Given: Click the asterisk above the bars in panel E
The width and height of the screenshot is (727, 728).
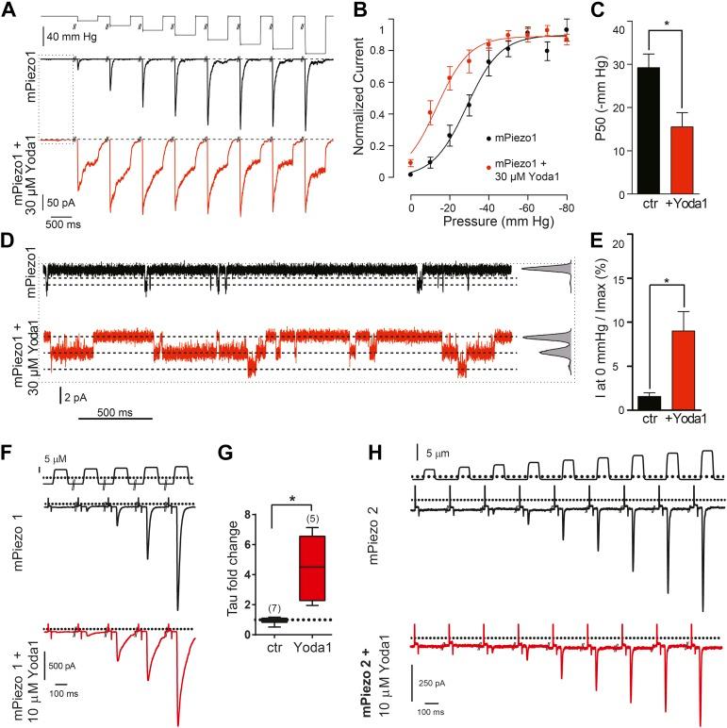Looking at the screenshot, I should click(x=671, y=280).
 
